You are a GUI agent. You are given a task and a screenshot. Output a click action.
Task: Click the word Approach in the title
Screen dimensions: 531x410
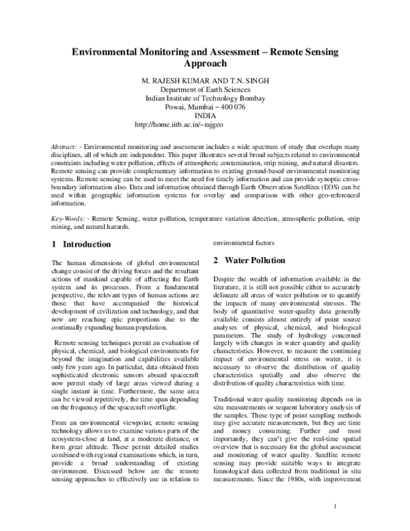click(x=205, y=64)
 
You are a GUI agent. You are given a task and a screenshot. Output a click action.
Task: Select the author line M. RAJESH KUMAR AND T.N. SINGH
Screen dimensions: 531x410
click(x=204, y=80)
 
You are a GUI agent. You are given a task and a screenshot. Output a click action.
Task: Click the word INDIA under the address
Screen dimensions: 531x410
click(x=205, y=116)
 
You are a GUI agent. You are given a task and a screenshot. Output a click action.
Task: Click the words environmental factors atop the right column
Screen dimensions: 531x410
click(x=245, y=242)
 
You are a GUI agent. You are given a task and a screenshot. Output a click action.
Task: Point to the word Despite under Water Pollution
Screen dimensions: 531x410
click(x=227, y=278)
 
